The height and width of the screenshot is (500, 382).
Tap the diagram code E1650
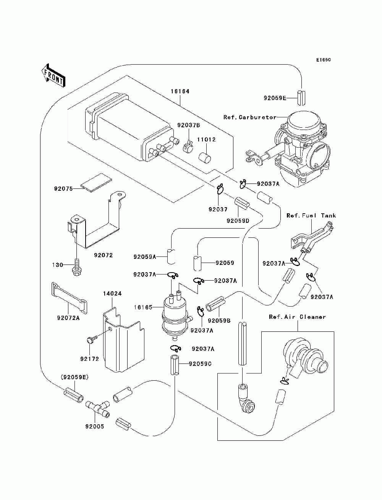coord(323,60)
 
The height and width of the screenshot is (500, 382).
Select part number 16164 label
coord(180,92)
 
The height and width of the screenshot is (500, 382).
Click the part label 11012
coord(206,140)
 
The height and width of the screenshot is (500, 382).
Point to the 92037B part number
coord(188,125)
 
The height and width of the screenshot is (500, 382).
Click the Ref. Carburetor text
coord(249,117)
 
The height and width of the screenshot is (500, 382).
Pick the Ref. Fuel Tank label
coord(311,216)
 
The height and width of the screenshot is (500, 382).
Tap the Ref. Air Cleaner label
coord(297,317)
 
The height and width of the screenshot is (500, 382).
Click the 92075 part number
coord(63,189)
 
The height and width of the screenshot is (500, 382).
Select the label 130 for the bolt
coord(58,265)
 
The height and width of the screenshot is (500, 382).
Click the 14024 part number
coord(112,294)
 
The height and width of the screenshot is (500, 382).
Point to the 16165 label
coord(143,307)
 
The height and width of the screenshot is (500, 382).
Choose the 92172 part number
coord(90,359)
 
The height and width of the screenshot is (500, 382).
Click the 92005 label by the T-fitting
coord(95,426)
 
